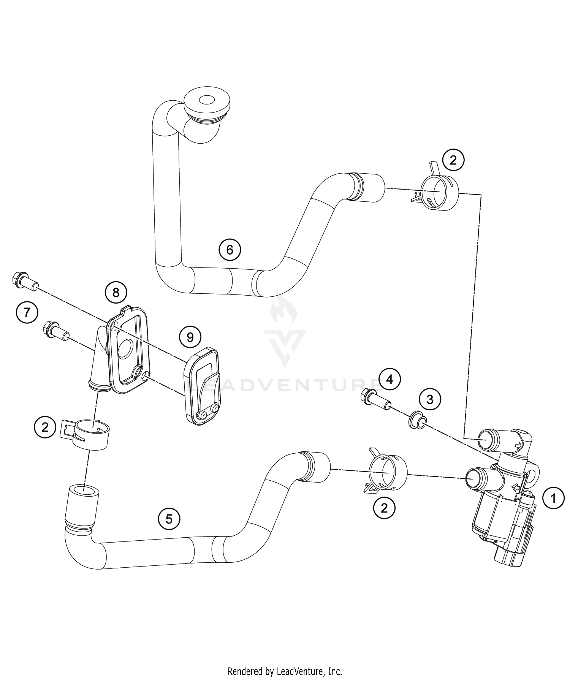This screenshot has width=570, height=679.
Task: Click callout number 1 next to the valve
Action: pos(553,498)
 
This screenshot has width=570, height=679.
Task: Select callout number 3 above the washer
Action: pos(430,399)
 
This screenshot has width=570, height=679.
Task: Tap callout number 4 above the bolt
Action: pos(389,379)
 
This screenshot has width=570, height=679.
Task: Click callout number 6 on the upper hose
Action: pos(230,250)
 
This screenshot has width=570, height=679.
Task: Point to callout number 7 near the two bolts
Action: pos(27,312)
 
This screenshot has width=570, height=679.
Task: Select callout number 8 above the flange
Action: pos(116,292)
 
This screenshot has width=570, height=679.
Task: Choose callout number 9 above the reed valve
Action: pos(190,337)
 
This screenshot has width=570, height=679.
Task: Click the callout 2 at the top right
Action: pos(453,160)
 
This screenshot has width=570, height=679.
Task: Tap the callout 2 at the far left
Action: pos(45,427)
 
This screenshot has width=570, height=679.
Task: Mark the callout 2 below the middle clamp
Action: pos(384,508)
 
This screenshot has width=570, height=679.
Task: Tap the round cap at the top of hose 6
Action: pos(207,103)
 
